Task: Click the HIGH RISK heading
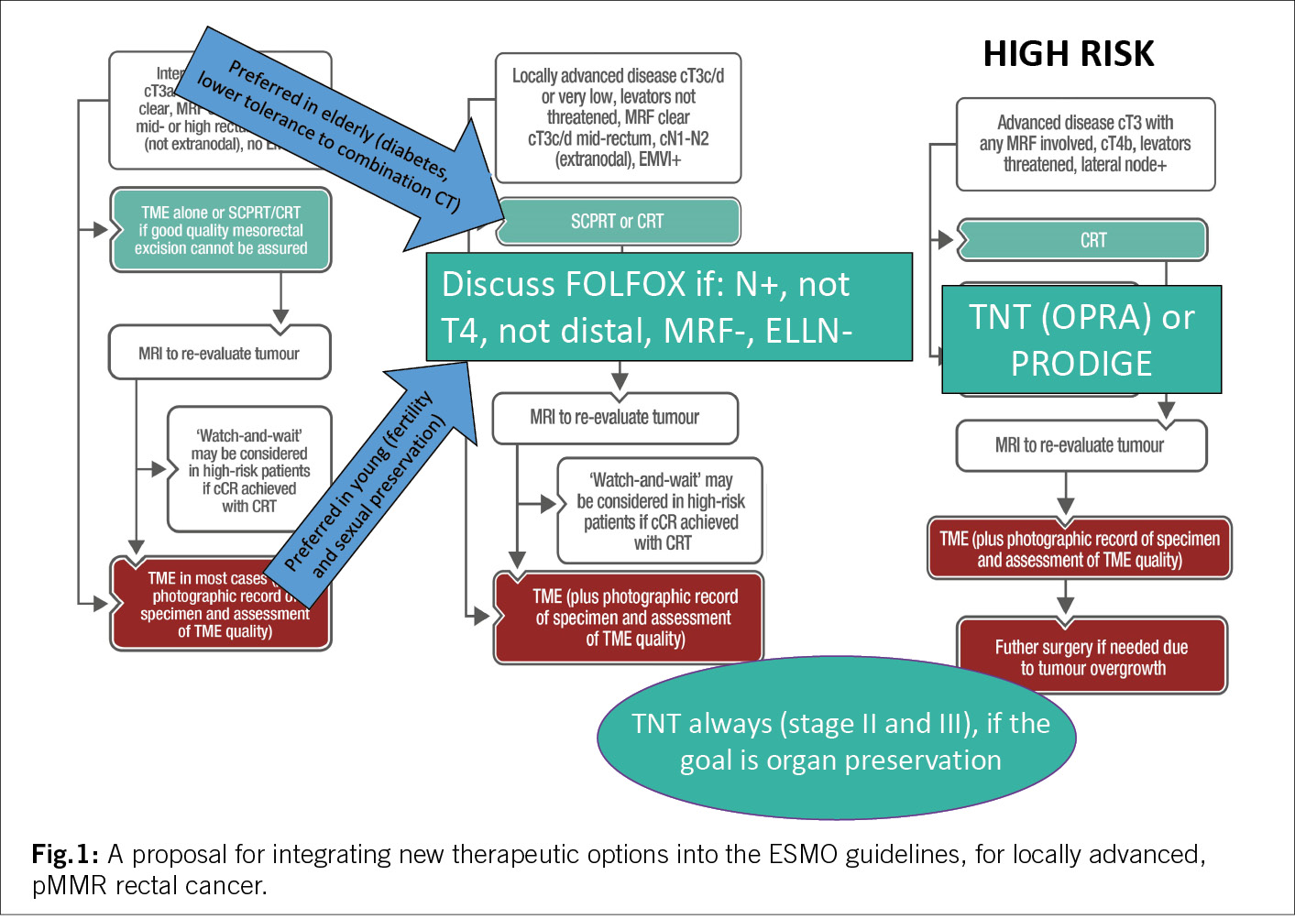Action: coord(1068,54)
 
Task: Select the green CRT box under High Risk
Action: coord(1082,240)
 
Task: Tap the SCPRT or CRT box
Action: coord(618,222)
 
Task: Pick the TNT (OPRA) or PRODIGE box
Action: coord(1081,340)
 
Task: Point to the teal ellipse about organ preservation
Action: coord(837,739)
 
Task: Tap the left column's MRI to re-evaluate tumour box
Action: coord(219,354)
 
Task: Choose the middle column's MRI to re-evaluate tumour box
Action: coord(615,418)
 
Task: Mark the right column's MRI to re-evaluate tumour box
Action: coord(1081,446)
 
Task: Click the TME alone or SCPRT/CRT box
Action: coord(221,231)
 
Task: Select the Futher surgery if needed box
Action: coord(1092,657)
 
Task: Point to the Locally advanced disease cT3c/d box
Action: coord(618,117)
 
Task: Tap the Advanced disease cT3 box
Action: coord(1085,144)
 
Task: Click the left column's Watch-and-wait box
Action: coord(248,470)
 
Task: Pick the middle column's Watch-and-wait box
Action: coord(660,511)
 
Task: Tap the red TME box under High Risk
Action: coord(1079,549)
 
